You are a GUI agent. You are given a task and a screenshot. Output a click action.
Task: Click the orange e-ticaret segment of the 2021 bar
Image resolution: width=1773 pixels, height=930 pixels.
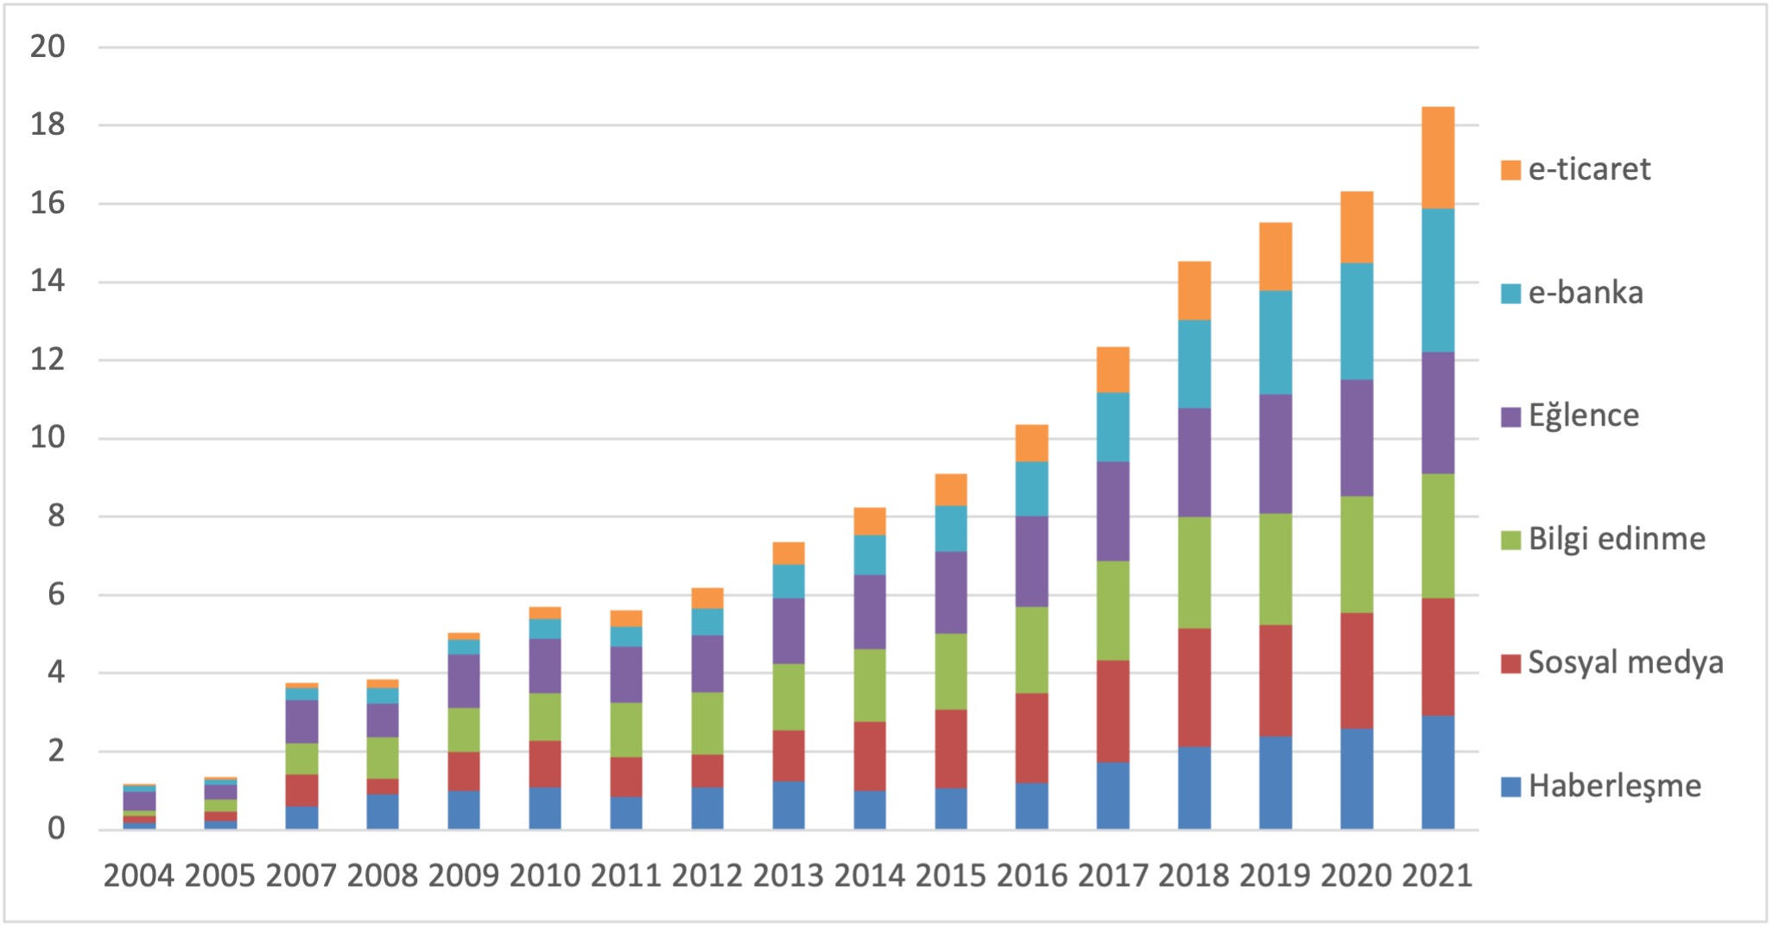click(x=1438, y=157)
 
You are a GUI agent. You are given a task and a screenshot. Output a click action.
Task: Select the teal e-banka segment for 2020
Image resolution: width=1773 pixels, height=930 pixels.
click(x=1357, y=321)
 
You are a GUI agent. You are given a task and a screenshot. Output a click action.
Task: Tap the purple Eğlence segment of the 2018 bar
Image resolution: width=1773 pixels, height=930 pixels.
click(x=1194, y=462)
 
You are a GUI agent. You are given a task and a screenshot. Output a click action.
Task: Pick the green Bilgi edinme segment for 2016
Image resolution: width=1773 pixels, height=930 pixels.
click(x=1032, y=649)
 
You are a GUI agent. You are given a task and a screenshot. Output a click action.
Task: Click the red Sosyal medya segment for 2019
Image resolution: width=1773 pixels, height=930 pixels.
click(x=1276, y=680)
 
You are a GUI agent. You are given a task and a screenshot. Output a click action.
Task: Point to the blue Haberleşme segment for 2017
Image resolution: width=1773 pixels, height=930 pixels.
click(x=1113, y=795)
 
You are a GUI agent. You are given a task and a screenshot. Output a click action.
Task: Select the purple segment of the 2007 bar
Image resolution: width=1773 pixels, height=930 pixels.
click(x=301, y=721)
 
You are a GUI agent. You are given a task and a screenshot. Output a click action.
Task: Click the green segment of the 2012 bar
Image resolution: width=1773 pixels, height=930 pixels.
click(x=707, y=723)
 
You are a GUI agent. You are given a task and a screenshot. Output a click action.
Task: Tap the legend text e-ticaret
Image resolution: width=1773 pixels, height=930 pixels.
click(x=1589, y=169)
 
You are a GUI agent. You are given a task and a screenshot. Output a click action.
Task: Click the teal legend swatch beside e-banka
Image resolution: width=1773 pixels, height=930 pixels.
click(x=1510, y=294)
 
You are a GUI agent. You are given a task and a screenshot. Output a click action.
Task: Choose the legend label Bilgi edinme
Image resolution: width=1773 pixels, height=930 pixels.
click(x=1617, y=540)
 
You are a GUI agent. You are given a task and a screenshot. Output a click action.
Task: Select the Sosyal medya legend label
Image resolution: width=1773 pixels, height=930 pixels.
click(x=1625, y=663)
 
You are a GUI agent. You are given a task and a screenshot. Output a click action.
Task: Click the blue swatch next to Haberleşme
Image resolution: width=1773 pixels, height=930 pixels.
click(x=1510, y=787)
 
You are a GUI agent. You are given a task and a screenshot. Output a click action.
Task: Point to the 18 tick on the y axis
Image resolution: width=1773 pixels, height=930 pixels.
click(x=47, y=125)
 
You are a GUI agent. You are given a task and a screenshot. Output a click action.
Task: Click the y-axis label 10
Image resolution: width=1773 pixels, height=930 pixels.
click(x=47, y=438)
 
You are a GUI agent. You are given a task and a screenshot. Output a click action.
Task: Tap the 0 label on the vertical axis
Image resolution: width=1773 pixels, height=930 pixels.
click(x=56, y=829)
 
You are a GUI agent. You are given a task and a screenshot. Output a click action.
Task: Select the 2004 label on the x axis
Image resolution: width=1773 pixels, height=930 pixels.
click(x=138, y=876)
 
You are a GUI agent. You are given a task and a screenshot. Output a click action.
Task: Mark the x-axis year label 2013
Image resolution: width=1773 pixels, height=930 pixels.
click(x=788, y=876)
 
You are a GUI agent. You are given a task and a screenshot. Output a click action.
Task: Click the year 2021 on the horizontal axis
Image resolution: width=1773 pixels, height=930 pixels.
click(x=1437, y=876)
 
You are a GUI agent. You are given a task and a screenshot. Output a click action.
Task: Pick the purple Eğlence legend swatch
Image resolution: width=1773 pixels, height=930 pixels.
click(x=1510, y=417)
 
